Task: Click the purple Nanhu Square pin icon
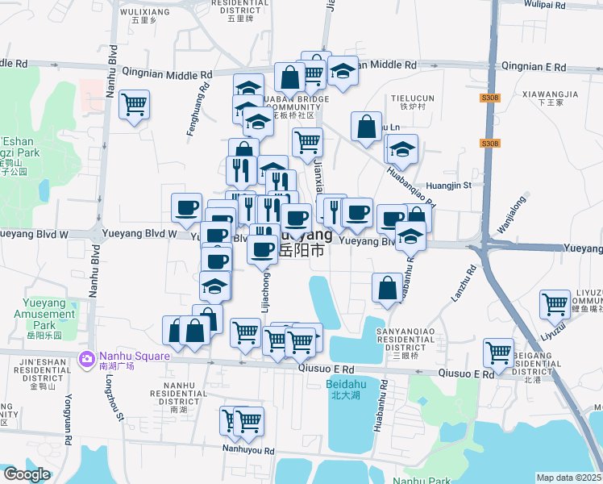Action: coord(85,358)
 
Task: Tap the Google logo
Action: coord(26,474)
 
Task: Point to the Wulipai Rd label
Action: coord(569,4)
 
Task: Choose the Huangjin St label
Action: coord(447,185)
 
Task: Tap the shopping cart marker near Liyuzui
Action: coord(555,304)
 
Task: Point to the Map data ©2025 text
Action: coord(569,478)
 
